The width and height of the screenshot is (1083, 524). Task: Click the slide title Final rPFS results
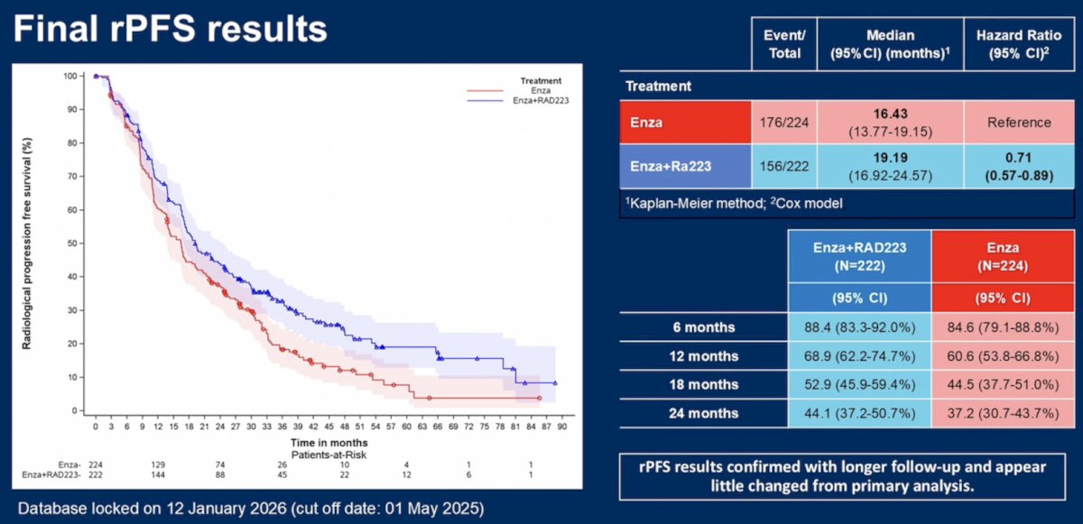[x=171, y=29]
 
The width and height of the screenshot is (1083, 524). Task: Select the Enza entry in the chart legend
[x=541, y=91]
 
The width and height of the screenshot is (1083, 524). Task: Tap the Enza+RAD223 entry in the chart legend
[x=541, y=100]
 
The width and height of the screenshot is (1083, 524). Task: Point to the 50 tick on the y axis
[x=71, y=244]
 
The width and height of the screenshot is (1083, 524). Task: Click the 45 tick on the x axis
[x=329, y=427]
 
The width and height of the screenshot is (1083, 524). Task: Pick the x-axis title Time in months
[x=329, y=443]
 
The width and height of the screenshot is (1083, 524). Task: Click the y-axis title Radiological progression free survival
[x=27, y=244]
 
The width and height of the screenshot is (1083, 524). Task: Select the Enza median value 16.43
[x=890, y=114]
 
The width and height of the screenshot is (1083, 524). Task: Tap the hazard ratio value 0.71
[x=1018, y=158]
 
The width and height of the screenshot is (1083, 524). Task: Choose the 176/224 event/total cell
[x=784, y=123]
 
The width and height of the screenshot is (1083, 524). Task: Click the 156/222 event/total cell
[x=784, y=167]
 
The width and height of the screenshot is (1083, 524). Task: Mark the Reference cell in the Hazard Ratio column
[x=1019, y=123]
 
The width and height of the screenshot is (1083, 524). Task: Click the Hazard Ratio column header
[x=1019, y=44]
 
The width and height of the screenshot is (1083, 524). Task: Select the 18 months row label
[x=703, y=385]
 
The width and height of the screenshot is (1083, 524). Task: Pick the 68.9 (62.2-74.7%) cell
[x=859, y=356]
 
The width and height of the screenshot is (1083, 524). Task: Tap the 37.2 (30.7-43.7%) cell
[x=1003, y=413]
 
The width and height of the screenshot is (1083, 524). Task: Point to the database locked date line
[x=251, y=509]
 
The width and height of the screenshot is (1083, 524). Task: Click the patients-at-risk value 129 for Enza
[x=158, y=464]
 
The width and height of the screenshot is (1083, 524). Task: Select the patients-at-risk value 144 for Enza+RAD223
[x=158, y=474]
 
